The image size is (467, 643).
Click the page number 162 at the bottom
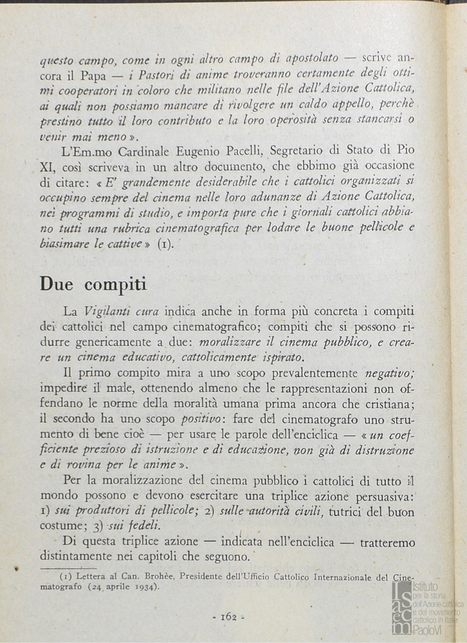(x=229, y=616)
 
